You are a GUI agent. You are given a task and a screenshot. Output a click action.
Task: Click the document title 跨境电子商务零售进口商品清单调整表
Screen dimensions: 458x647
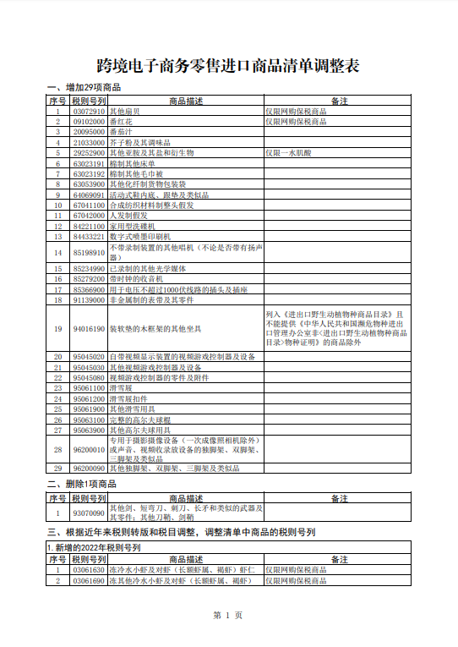[x=228, y=66]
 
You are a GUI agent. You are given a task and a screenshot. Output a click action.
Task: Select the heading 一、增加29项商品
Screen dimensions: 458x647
[x=85, y=88]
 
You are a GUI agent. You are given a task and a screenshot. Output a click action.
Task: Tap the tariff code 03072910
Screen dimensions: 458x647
[x=89, y=111]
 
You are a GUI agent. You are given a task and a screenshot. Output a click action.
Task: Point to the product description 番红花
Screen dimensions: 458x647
[x=122, y=121]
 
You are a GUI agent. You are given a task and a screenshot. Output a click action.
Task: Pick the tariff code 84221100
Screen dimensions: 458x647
[x=89, y=226]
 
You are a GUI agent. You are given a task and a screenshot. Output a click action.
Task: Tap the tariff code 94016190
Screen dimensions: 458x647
[x=89, y=328]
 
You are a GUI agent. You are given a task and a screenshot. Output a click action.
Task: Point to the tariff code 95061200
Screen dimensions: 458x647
[x=89, y=398]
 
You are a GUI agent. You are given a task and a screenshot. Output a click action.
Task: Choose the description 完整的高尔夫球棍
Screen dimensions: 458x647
[x=140, y=419]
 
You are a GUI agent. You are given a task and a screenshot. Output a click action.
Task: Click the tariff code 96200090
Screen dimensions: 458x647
[x=89, y=468]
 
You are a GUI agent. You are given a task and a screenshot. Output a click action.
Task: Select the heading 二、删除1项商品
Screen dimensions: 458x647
[x=81, y=484]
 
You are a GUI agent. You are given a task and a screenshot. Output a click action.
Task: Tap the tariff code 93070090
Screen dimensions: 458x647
[x=89, y=513]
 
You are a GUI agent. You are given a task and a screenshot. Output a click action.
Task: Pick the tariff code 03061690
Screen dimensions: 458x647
[x=89, y=581]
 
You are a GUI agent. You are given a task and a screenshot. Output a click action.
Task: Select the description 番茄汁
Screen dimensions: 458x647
[x=122, y=132]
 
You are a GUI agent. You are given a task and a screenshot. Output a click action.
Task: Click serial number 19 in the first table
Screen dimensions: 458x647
[x=57, y=328]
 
